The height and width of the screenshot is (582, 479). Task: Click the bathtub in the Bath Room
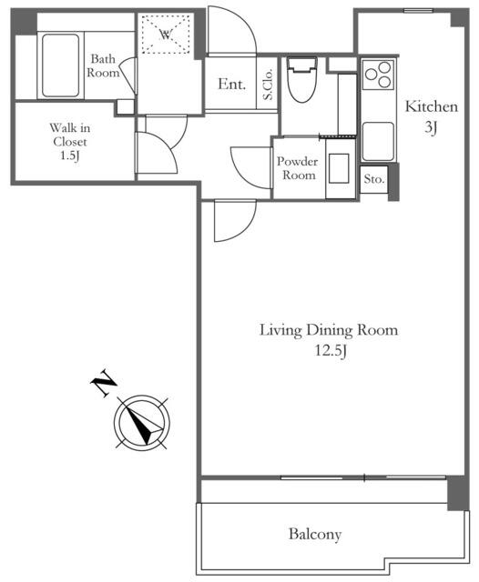coord(61,65)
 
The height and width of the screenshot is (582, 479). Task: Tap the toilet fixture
coord(302,79)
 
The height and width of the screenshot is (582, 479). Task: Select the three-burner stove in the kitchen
coord(378,75)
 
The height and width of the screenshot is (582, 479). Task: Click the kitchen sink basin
coord(378,142)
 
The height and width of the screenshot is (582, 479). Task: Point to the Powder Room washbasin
coord(339,168)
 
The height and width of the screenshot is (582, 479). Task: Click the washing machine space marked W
coord(166,35)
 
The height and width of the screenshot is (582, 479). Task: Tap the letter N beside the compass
coord(104,383)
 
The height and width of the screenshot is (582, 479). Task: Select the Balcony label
coord(315,535)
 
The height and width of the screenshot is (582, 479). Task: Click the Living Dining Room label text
coord(329,330)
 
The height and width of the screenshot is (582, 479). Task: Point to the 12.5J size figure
coord(331,350)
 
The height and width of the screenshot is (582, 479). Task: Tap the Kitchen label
coord(431,107)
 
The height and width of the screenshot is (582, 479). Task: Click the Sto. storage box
coord(374,179)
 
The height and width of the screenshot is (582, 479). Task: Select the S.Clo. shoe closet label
coord(268,84)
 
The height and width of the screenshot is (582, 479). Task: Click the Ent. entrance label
coord(232,84)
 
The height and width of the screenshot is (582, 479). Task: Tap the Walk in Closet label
coord(70,135)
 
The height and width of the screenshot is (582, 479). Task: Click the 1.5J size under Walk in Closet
coord(70,156)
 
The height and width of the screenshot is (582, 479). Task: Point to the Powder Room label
coord(298,168)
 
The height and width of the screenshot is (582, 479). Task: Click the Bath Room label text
coord(103,65)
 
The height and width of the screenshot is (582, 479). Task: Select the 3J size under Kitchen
coord(431,127)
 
